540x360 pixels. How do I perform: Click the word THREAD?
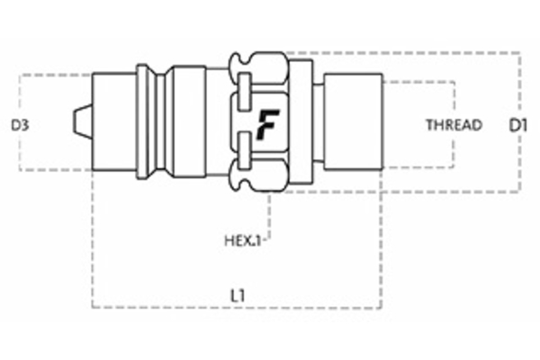[x=454, y=125]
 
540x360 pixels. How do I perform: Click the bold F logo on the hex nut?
[x=266, y=122]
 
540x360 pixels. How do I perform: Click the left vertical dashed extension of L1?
[x=92, y=243]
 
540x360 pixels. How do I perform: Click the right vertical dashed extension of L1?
[x=382, y=243]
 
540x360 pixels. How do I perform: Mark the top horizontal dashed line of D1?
[x=405, y=52]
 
